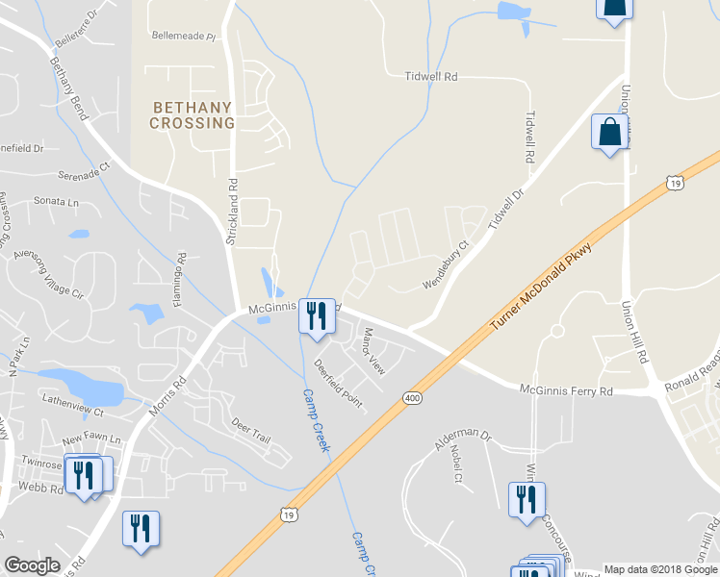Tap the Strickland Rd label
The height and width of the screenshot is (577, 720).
click(x=231, y=211)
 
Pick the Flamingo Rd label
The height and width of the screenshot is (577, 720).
click(x=181, y=273)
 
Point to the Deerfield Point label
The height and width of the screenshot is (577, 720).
click(x=338, y=384)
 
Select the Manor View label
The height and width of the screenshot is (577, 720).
click(x=373, y=351)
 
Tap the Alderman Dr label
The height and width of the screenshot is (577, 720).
click(x=462, y=439)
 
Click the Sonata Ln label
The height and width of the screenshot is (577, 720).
click(x=56, y=202)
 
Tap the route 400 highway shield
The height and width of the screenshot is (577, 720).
click(x=412, y=397)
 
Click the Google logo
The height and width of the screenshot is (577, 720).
click(x=33, y=565)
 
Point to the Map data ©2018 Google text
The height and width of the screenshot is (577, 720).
click(x=660, y=568)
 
